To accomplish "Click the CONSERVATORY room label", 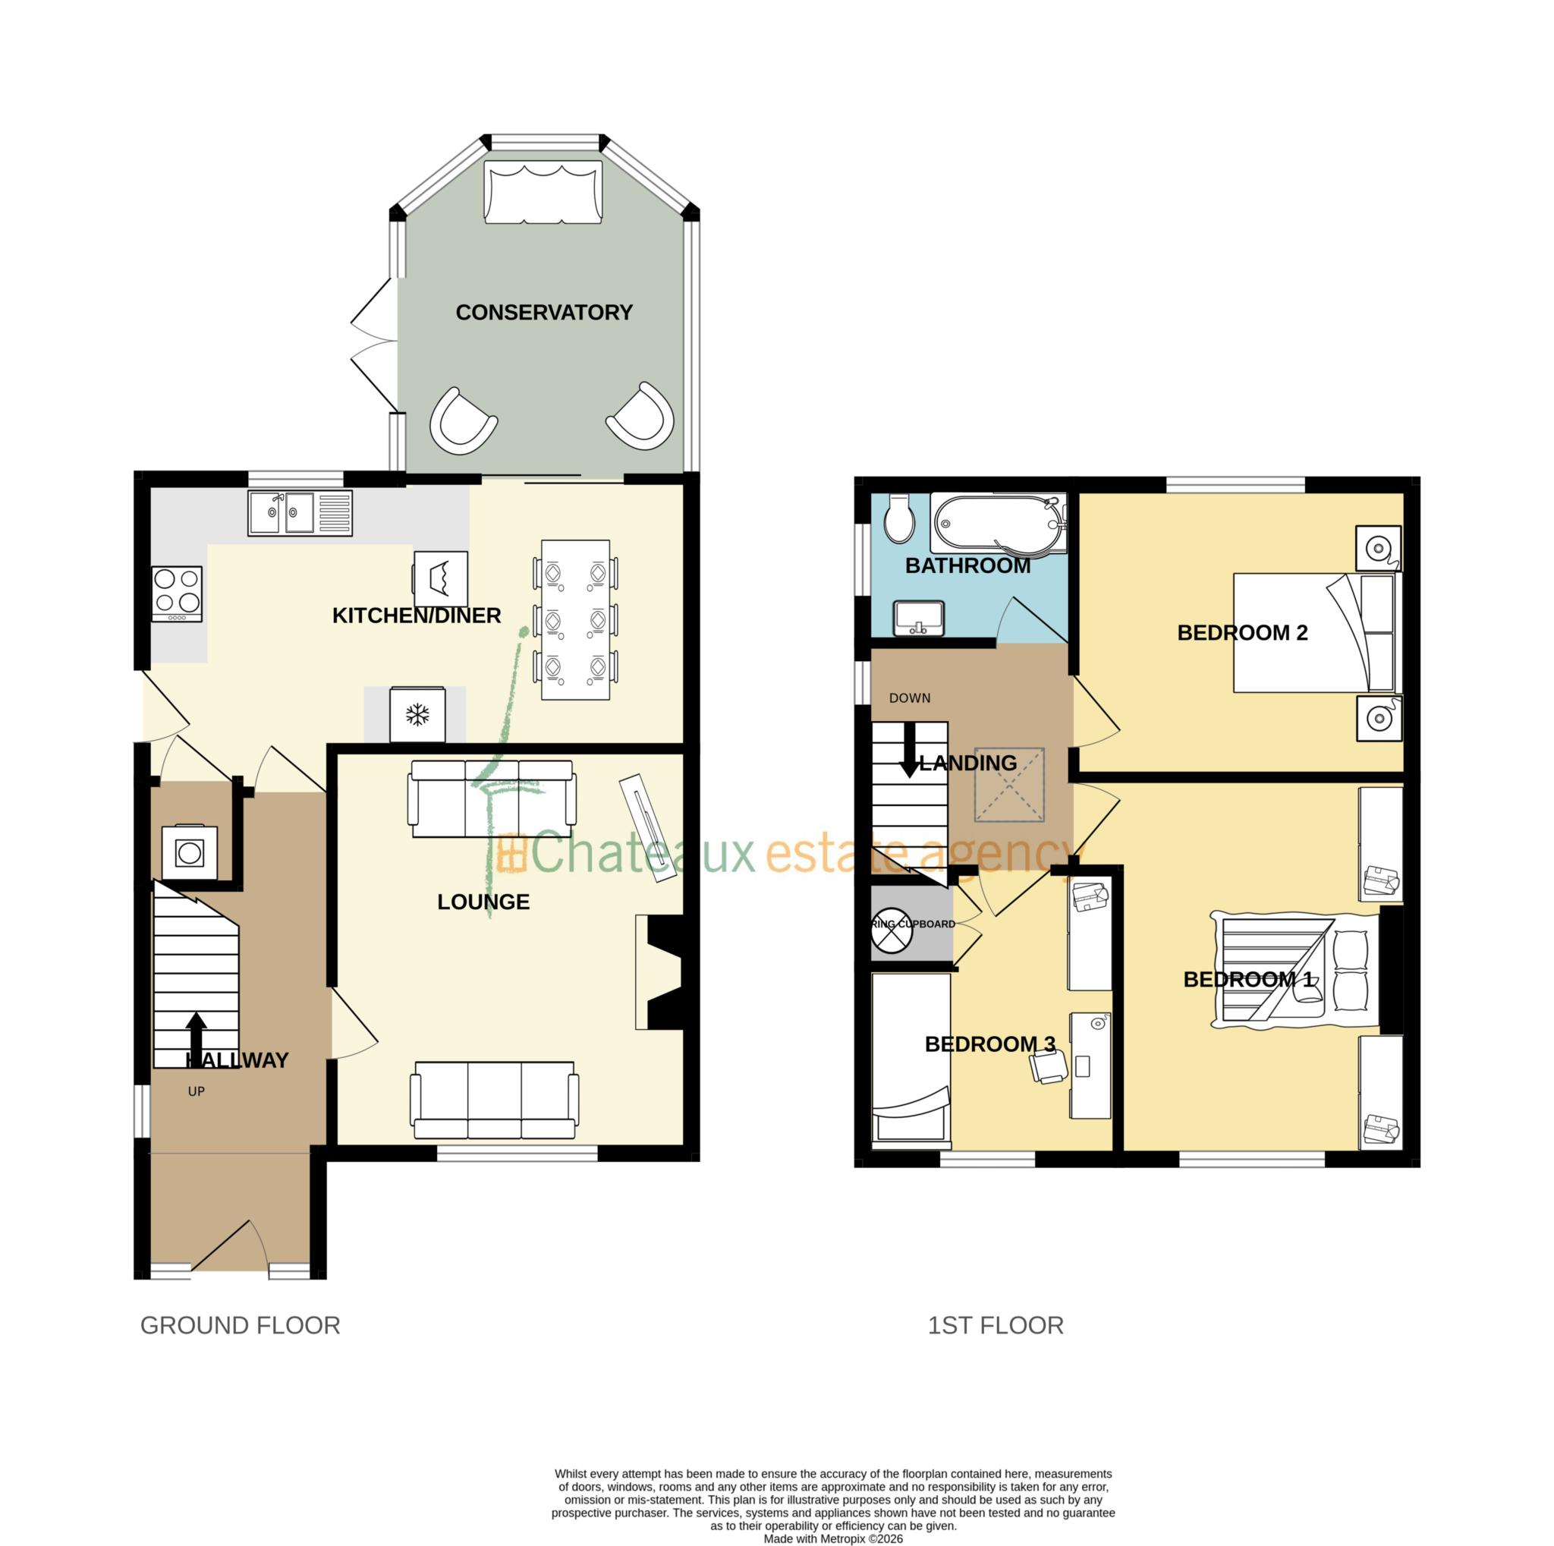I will click(544, 312).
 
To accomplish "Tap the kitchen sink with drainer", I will click(300, 512).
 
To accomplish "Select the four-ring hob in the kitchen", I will click(177, 594).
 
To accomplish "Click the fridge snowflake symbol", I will click(417, 714).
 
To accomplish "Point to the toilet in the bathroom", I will click(899, 518).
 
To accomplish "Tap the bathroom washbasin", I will click(919, 618).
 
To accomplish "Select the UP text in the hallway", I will click(197, 1091).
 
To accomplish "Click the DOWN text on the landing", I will click(910, 698).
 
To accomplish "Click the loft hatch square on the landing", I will click(1009, 785).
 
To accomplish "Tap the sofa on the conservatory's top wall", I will click(543, 191).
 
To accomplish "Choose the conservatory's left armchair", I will click(463, 421).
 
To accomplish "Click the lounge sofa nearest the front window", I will click(494, 1100).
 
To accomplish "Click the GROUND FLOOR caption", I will click(240, 1325).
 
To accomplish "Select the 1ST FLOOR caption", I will click(995, 1325).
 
